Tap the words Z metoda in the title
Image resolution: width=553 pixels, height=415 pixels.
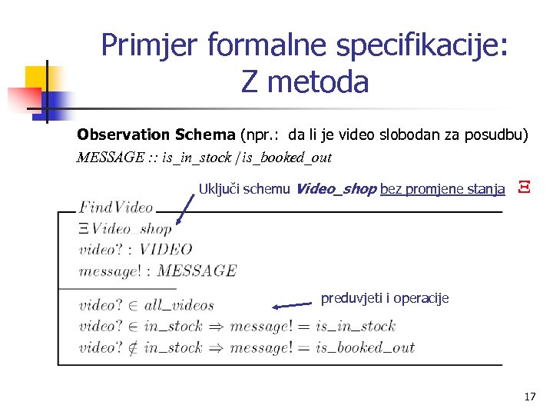(x=304, y=81)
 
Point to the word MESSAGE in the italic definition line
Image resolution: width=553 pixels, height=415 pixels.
(x=111, y=158)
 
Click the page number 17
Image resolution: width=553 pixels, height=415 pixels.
(x=529, y=397)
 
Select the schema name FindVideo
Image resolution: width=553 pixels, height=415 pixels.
(x=116, y=207)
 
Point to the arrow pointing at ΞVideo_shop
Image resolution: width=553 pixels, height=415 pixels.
(x=184, y=208)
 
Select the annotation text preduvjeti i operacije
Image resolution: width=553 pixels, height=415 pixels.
(x=385, y=298)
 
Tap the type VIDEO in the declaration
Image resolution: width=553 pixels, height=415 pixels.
(x=166, y=249)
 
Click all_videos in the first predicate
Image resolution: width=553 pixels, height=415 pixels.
(x=179, y=306)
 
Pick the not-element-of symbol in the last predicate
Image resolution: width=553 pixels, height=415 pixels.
(x=131, y=347)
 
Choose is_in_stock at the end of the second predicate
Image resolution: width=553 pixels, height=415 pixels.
(x=355, y=327)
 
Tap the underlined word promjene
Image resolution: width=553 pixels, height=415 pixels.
(x=429, y=189)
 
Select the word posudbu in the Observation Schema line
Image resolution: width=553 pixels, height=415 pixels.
(x=496, y=135)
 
